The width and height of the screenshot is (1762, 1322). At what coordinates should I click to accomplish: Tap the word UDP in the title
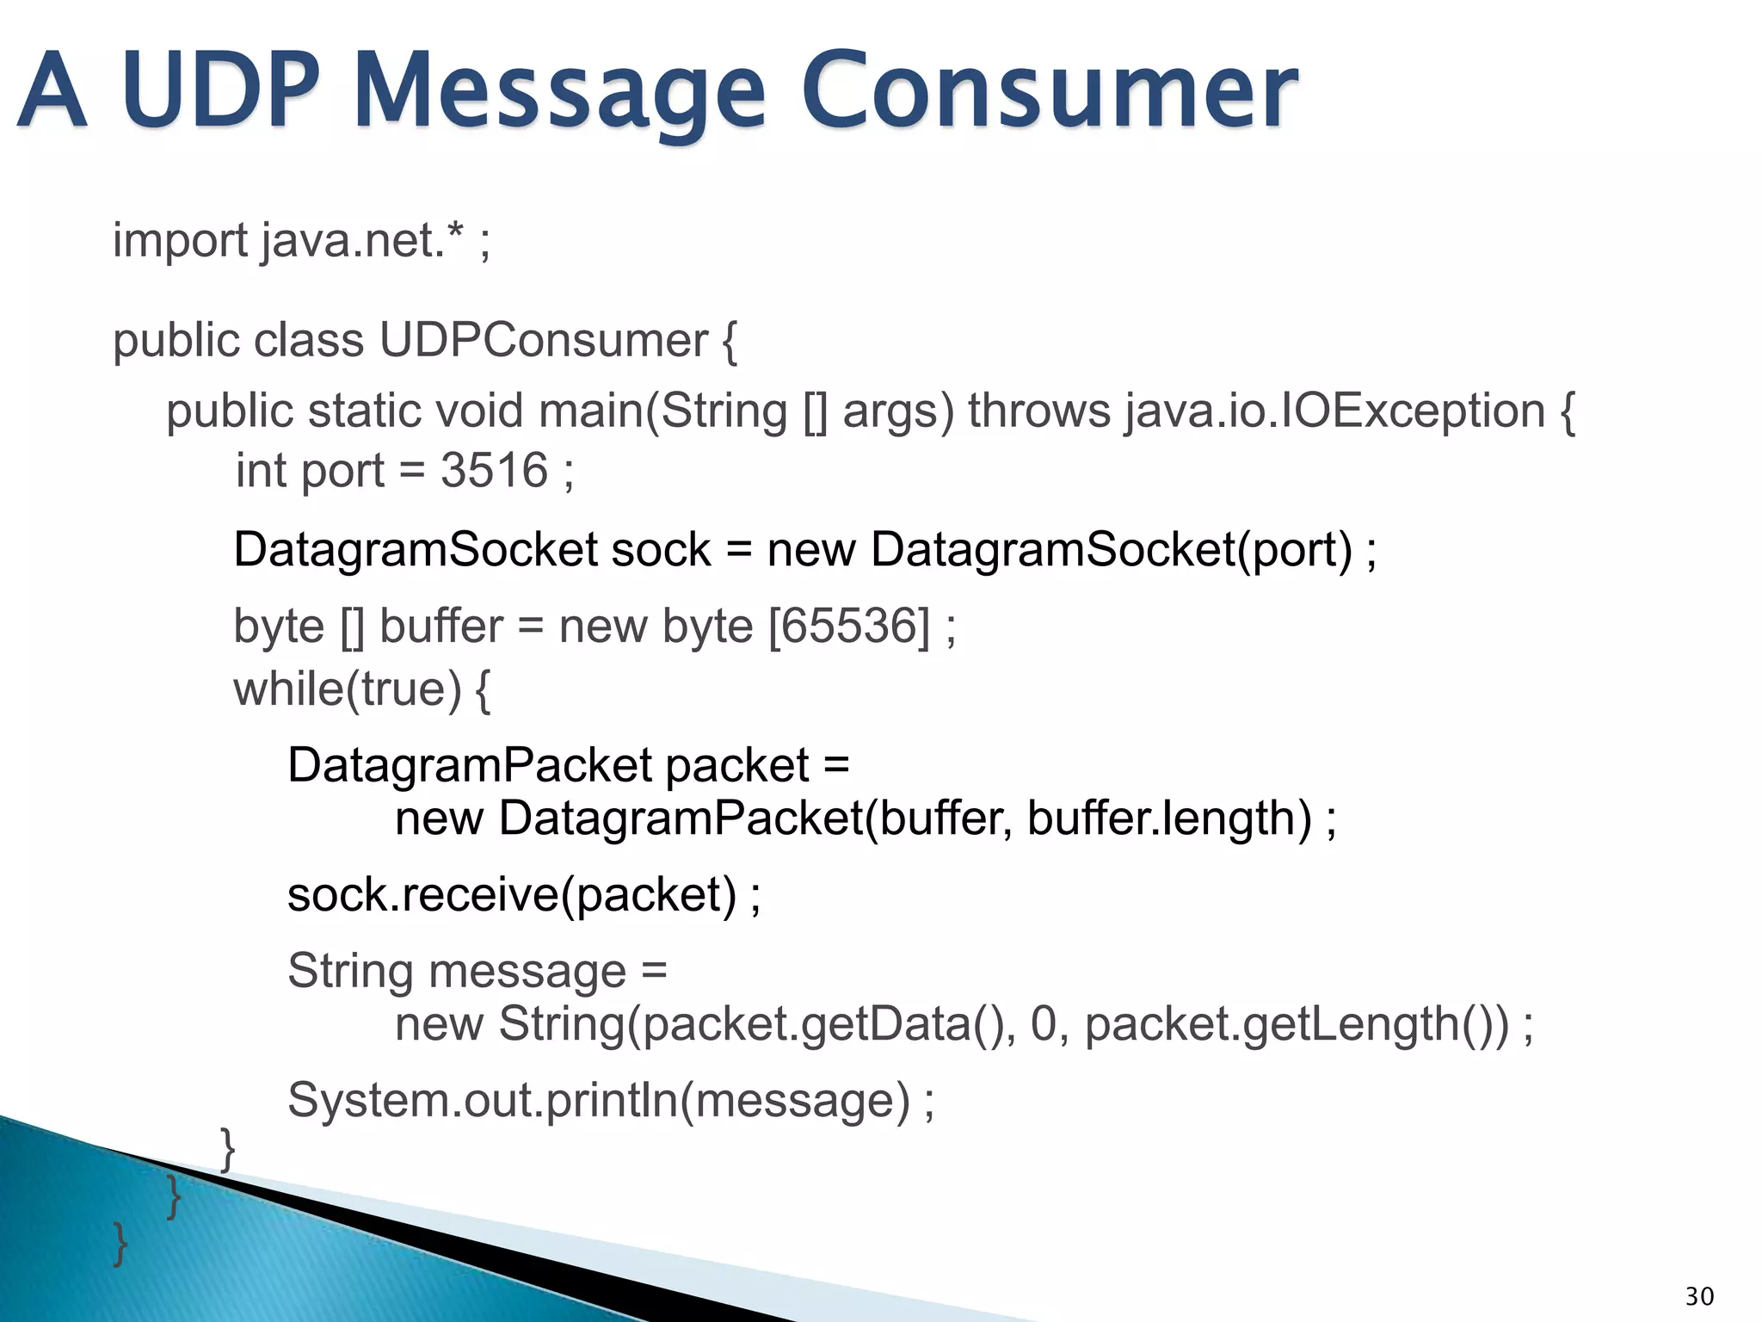click(x=219, y=90)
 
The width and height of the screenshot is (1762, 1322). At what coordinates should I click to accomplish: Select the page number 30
click(x=1698, y=1296)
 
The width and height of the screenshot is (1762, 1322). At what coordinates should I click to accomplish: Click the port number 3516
click(x=494, y=471)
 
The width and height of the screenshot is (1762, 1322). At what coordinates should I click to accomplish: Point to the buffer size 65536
click(x=848, y=626)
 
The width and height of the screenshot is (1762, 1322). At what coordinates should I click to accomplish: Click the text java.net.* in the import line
click(x=364, y=240)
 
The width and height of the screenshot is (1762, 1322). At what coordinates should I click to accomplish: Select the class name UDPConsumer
click(x=543, y=341)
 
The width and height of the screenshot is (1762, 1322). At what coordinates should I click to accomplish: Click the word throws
click(x=1038, y=411)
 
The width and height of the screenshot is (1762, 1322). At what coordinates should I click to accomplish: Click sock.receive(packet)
click(x=513, y=895)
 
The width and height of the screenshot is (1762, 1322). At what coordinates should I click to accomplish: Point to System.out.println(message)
click(x=599, y=1101)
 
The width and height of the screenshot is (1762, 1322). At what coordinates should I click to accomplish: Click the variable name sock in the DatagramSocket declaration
click(x=661, y=550)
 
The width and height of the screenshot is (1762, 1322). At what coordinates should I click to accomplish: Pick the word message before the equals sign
click(x=527, y=972)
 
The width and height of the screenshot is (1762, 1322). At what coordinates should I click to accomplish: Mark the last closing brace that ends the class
click(x=120, y=1244)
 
